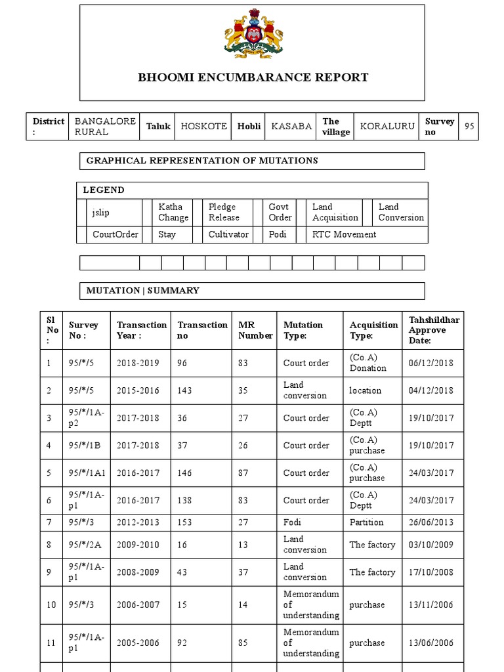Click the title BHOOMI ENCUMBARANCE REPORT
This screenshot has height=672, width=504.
253,77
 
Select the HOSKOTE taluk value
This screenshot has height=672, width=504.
203,127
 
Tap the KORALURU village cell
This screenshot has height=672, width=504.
387,127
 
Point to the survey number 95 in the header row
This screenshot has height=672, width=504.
469,127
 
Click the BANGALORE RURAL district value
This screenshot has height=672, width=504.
105,127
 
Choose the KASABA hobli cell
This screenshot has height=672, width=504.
291,127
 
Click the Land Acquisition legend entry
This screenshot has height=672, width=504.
335,212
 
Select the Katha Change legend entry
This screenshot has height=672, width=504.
173,212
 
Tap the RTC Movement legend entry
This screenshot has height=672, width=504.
344,234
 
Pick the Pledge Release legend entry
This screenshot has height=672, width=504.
224,212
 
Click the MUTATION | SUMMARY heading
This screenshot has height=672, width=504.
143,290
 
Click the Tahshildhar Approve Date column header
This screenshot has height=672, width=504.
434,330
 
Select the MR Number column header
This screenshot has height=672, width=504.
255,330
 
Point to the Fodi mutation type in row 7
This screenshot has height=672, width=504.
293,522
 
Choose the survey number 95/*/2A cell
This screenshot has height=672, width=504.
82,545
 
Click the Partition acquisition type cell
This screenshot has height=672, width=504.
366,522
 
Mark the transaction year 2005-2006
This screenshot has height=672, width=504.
138,643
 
